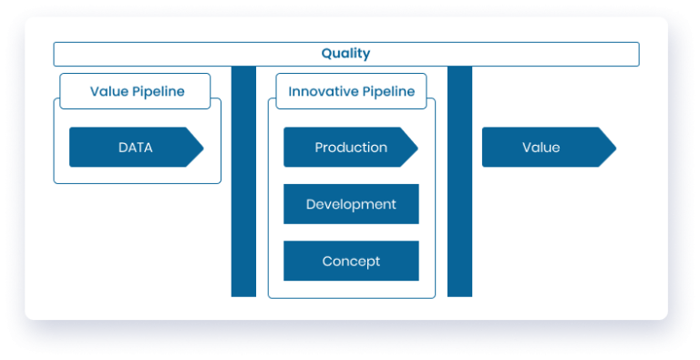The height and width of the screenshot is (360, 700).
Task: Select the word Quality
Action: coord(345,54)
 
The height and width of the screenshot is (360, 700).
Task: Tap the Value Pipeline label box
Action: coord(135,91)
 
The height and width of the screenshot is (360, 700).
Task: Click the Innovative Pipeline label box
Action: coord(351,91)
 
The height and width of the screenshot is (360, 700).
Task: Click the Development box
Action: coord(351,204)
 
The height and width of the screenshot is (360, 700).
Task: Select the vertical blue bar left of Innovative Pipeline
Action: coord(243,182)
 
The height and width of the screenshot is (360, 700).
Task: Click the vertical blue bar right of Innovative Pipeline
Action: coord(459,182)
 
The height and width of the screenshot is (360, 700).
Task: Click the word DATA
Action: coord(135,147)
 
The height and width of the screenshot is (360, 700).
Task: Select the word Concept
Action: coord(351,262)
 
